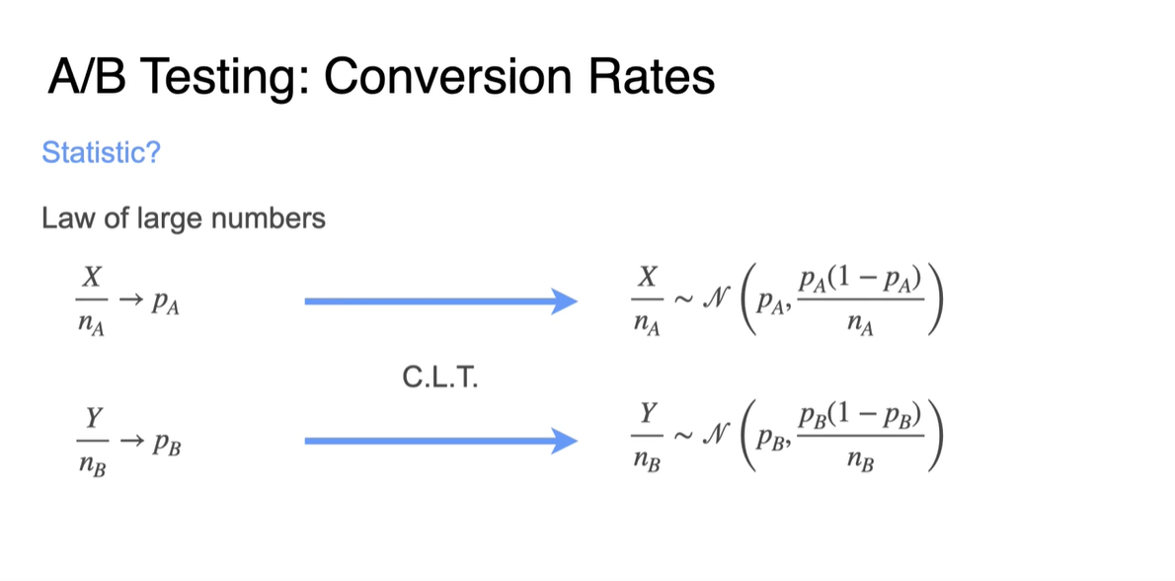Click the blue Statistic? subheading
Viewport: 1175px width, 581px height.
pyautogui.click(x=101, y=153)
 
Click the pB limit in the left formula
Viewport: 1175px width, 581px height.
pyautogui.click(x=164, y=443)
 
